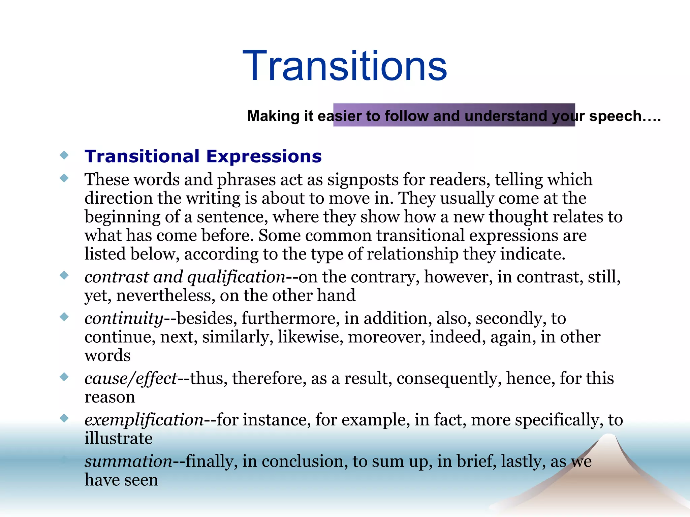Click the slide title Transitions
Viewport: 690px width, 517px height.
click(x=344, y=65)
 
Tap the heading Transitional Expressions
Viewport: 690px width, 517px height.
click(x=203, y=156)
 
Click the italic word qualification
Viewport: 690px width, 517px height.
click(x=236, y=277)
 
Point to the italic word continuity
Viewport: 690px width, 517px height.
click(x=124, y=318)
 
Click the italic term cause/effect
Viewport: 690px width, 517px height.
click(x=131, y=378)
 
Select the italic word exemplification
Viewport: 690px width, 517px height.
click(x=144, y=420)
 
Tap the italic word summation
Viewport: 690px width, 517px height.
click(x=128, y=461)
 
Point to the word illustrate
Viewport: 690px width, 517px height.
click(x=118, y=438)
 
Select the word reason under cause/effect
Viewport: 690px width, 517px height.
click(x=109, y=397)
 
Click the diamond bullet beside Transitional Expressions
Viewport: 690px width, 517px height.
click(x=64, y=155)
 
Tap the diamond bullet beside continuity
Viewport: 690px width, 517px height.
click(x=64, y=317)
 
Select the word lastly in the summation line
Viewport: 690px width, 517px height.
click(x=523, y=461)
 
